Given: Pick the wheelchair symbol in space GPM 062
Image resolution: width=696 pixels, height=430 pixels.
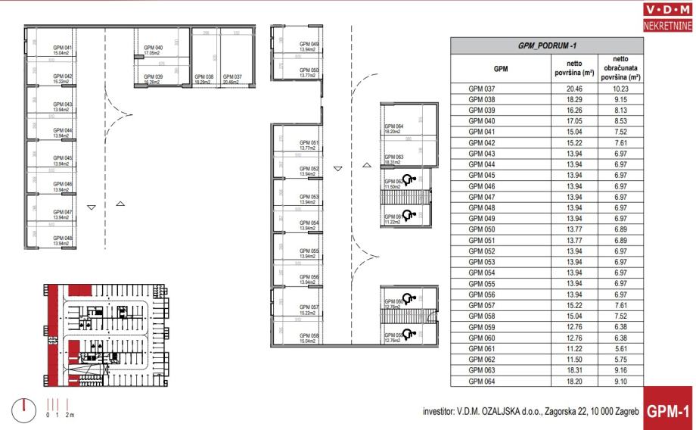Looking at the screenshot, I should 409,180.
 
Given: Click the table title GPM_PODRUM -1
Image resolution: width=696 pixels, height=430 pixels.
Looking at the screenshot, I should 545,46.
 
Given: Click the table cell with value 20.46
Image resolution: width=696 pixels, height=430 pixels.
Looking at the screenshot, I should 570,88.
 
